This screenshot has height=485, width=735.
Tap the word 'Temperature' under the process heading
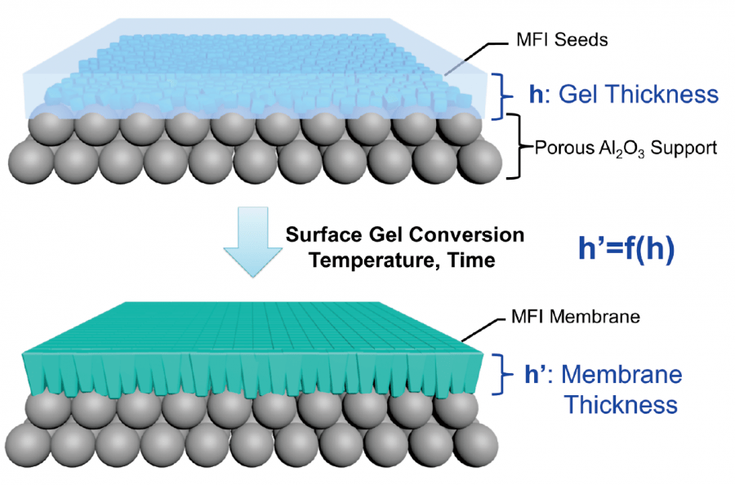click(367, 261)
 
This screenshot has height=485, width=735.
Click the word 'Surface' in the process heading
click(319, 236)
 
